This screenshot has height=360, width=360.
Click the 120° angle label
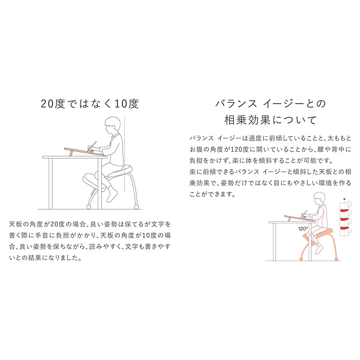[x=303, y=229]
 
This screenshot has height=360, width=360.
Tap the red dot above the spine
[x=344, y=199]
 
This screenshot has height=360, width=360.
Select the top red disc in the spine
[x=344, y=210]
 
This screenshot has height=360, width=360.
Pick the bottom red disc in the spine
[x=344, y=228]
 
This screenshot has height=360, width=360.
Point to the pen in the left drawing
[x=93, y=146]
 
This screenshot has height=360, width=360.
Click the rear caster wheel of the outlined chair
[x=136, y=207]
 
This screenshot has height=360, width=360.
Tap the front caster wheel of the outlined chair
[x=88, y=207]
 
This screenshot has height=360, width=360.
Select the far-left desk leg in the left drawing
[x=51, y=184]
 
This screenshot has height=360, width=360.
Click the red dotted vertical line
[x=125, y=155]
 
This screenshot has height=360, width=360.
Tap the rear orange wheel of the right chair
[x=337, y=259]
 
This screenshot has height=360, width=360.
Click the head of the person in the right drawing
[x=319, y=198]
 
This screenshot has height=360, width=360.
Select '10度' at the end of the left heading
[x=127, y=104]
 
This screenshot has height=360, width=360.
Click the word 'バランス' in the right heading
[x=236, y=104]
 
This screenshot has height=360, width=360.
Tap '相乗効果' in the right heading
[x=247, y=120]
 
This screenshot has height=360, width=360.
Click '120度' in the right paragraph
[x=240, y=149]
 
